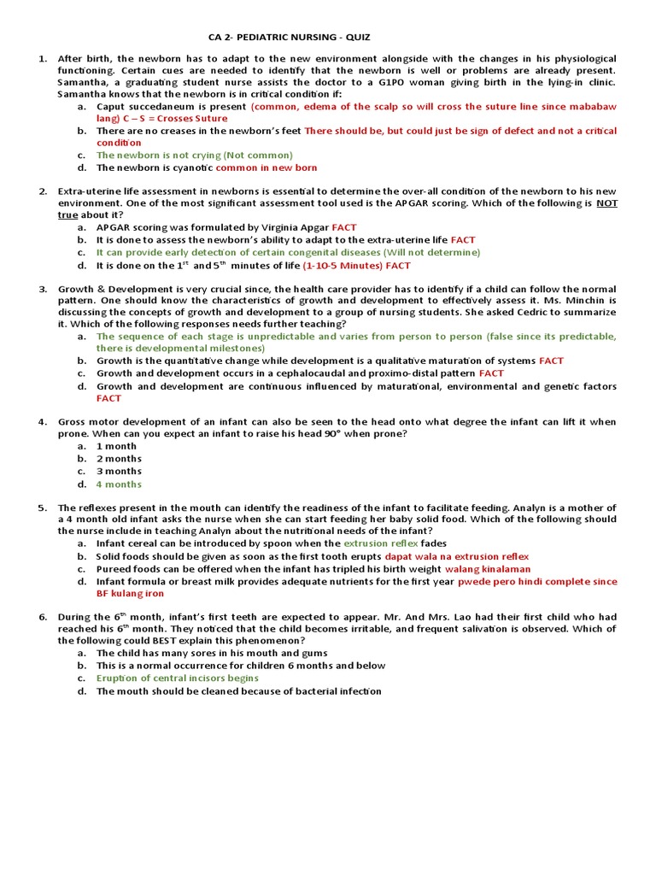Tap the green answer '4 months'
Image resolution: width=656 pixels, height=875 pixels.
(119, 484)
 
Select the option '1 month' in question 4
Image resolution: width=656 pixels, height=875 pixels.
(116, 446)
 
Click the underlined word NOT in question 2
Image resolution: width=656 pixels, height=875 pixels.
(606, 203)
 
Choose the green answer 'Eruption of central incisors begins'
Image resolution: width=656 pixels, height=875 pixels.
(178, 678)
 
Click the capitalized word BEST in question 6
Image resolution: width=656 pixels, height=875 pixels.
(149, 640)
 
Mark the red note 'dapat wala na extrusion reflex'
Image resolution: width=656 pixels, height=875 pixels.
(457, 556)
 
